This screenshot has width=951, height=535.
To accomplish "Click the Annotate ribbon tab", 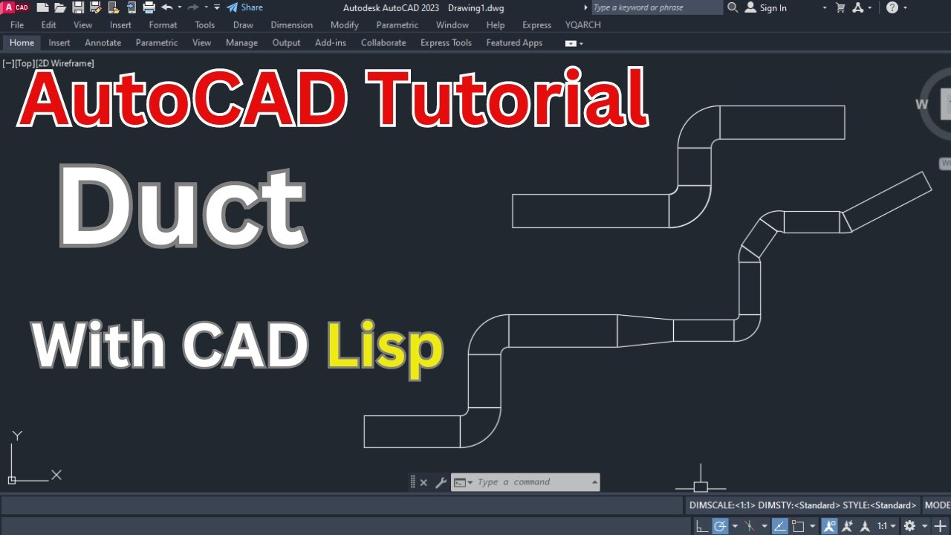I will pos(103,43).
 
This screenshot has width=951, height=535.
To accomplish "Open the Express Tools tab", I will pos(446,43).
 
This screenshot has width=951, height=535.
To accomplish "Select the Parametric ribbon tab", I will pos(157,43).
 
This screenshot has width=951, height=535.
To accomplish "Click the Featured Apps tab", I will pos(514,43).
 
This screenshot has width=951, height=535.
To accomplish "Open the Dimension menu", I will pos(292,25).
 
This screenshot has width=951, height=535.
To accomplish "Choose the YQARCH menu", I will pos(583,25).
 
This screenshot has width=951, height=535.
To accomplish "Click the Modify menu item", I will pos(345,25).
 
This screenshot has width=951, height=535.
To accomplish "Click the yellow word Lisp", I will pos(385,347).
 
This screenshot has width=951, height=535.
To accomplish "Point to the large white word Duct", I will pos(182,206).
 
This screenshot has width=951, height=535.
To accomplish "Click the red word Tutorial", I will pos(510,97).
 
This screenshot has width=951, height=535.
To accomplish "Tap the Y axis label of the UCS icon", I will pos(18,435).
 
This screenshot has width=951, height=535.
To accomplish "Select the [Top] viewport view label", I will pos(25,64).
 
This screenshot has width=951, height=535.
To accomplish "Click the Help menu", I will pos(496,25).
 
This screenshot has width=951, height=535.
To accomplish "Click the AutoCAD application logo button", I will pos(16,7).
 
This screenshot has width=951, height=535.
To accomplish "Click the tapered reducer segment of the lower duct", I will pos(645,331).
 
